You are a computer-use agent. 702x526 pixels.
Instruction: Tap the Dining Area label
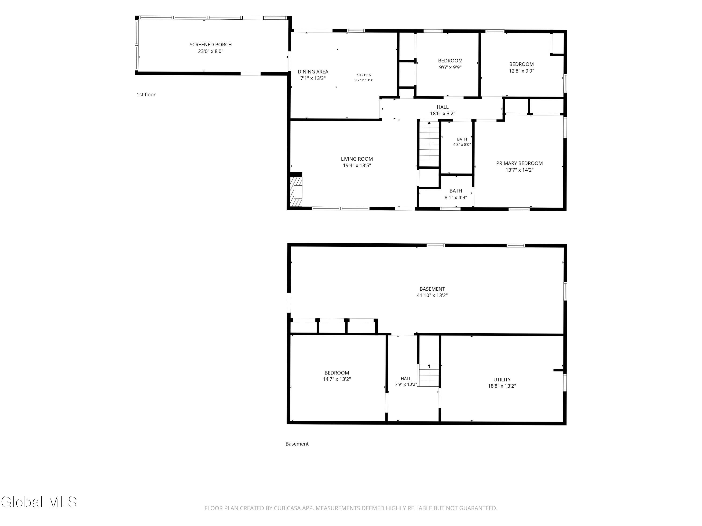point(313,72)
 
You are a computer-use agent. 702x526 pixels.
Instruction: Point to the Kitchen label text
point(364,75)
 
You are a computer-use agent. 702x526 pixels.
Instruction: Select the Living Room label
point(357,159)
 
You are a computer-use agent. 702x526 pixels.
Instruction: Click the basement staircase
point(428,375)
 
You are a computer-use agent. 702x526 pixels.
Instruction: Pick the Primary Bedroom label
point(519,163)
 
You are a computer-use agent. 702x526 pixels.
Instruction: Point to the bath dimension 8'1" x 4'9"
point(456,198)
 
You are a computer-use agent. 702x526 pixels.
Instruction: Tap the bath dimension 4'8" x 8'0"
point(462,144)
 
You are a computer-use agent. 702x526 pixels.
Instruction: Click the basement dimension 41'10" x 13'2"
point(432,295)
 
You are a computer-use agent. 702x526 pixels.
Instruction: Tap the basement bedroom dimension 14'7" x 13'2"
point(337,379)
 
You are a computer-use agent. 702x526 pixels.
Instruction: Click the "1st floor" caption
point(146,94)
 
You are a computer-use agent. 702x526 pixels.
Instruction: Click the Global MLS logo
point(39,502)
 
